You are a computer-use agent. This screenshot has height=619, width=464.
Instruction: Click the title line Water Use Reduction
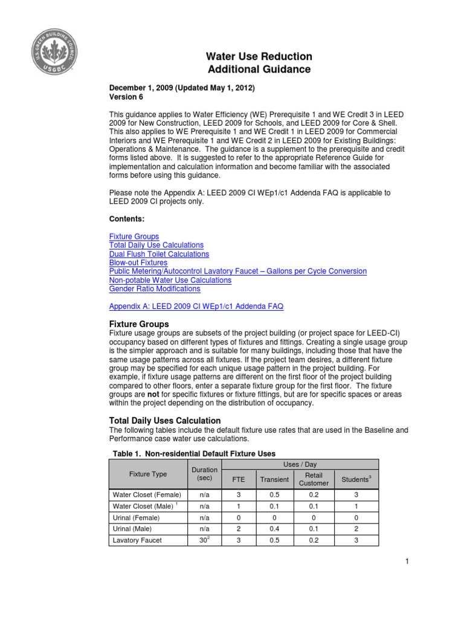[x=259, y=56]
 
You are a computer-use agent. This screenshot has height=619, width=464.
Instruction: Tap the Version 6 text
[x=126, y=97]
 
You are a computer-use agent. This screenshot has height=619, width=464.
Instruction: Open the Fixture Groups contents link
[x=134, y=236]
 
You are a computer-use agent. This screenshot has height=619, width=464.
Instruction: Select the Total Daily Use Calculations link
[x=156, y=245]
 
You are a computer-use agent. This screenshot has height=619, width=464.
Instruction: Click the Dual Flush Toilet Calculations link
[x=159, y=254]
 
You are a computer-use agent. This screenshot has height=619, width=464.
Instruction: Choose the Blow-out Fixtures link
[x=138, y=263]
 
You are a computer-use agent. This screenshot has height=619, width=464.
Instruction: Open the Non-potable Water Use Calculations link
[x=170, y=280]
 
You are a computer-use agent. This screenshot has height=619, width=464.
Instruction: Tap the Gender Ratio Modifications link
[x=155, y=289]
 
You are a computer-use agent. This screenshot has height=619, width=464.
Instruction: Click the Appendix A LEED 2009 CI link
[x=196, y=306]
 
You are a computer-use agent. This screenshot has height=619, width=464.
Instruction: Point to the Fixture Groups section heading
[x=139, y=324]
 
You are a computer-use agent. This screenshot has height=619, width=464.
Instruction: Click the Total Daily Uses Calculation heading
[x=164, y=420]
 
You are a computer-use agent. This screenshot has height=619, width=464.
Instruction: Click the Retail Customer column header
[x=314, y=479]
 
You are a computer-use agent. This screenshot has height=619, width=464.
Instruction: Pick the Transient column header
[x=274, y=479]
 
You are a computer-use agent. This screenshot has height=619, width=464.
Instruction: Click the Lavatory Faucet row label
[x=137, y=540]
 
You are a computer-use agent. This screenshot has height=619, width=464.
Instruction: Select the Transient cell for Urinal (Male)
[x=274, y=529]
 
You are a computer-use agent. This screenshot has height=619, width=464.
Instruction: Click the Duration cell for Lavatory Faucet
[x=204, y=540]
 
